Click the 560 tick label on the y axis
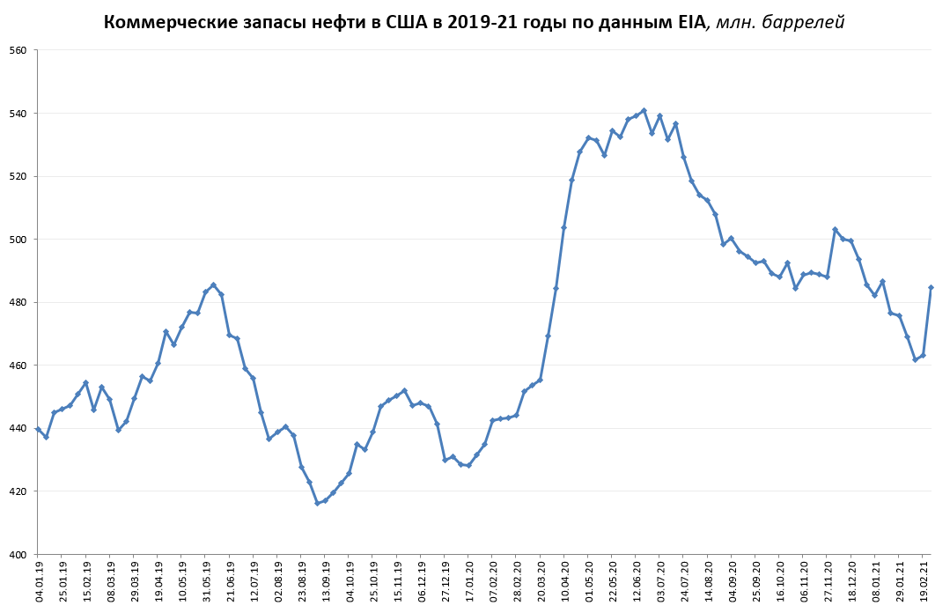(17, 50)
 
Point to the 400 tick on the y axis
(17, 554)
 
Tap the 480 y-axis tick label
(17, 302)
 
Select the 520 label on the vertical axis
(17, 176)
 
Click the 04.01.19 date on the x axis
(39, 581)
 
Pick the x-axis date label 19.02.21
(924, 581)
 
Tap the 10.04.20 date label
(564, 581)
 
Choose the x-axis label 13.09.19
(325, 581)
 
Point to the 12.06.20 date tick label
(637, 581)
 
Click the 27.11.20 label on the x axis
(828, 581)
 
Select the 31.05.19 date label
(206, 581)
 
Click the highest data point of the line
(644, 110)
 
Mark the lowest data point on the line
(317, 503)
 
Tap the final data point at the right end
(931, 287)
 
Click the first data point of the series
(38, 429)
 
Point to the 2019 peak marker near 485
(213, 284)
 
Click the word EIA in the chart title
(689, 23)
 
